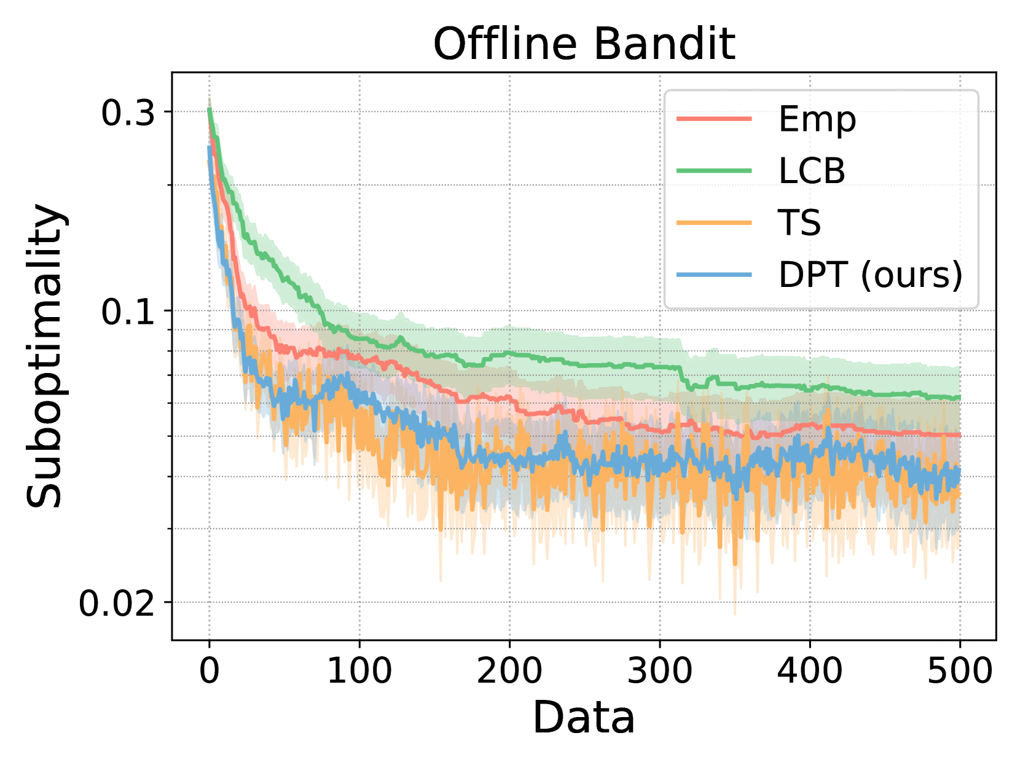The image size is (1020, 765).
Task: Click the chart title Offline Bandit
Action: tap(584, 44)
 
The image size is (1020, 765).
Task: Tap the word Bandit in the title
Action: tap(664, 44)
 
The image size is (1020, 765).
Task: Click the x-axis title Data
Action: tap(583, 718)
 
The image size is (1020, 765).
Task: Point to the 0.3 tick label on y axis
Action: tap(128, 113)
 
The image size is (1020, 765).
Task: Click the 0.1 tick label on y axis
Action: tap(128, 312)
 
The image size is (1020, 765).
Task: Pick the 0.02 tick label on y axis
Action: tap(117, 603)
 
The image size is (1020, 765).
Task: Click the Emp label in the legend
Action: tap(817, 119)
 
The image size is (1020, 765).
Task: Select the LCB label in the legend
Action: tap(812, 171)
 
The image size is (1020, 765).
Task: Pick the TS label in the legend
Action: tap(799, 222)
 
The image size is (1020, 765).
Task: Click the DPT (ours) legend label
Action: tap(870, 275)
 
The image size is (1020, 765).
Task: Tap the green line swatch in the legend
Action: tap(714, 171)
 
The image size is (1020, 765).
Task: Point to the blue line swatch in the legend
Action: tap(714, 275)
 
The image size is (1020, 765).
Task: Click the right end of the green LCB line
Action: tap(959, 398)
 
